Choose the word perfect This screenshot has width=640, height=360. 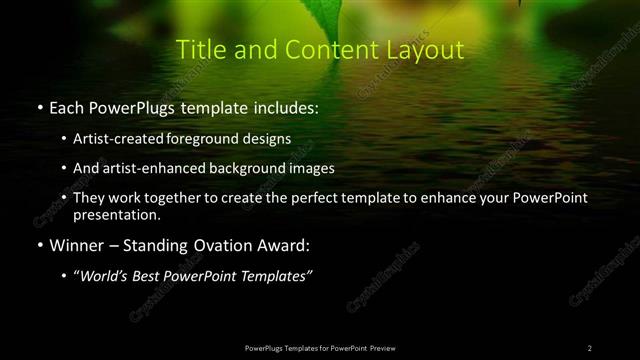(330, 199)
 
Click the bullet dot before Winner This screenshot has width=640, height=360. (38, 245)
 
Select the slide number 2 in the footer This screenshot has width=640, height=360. (590, 347)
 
